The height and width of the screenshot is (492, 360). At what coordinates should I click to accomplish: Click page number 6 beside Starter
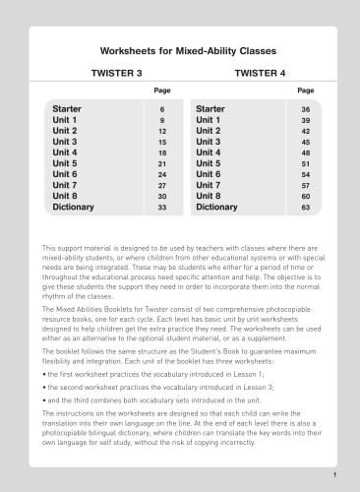[x=161, y=109]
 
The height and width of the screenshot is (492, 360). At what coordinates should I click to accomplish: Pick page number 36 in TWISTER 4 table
[x=306, y=109]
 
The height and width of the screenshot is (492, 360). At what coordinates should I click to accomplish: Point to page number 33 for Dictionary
[x=161, y=209]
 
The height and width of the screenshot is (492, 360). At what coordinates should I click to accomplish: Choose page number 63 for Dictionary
[x=306, y=209]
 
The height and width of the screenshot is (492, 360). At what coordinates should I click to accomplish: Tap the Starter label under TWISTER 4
[x=211, y=108]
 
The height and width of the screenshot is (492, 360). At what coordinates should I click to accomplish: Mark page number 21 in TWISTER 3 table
[x=161, y=164]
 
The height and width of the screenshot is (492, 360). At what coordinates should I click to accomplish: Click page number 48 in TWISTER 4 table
[x=306, y=154]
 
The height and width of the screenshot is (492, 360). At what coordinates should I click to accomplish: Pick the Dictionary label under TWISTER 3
[x=73, y=208]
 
